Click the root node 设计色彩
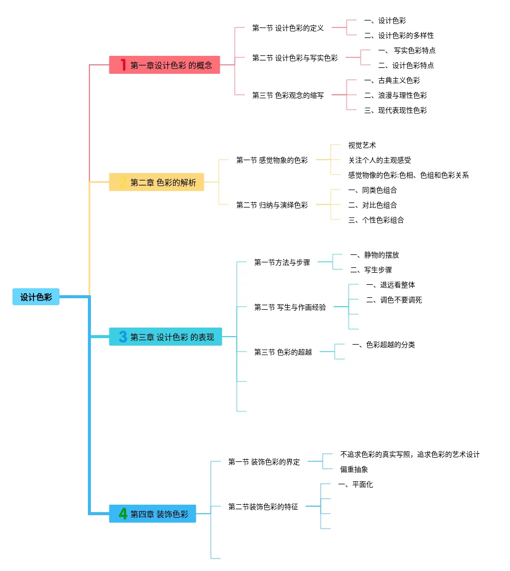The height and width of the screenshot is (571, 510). tap(36, 297)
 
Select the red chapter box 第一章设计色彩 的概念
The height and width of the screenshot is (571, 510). tap(164, 65)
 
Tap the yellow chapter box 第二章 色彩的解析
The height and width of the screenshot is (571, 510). tap(156, 183)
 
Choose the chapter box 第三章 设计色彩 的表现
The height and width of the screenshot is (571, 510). tap(165, 337)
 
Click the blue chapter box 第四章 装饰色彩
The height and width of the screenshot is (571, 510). tap(152, 514)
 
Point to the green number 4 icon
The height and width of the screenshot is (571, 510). tap(123, 514)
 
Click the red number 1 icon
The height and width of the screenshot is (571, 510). tap(123, 65)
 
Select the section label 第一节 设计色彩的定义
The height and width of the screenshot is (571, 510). tap(288, 28)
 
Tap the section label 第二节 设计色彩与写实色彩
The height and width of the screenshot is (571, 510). tap(295, 58)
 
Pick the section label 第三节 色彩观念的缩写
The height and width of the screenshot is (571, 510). tap(288, 95)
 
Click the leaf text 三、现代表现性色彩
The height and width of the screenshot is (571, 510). tap(395, 110)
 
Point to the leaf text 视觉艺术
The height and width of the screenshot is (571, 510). tap(362, 145)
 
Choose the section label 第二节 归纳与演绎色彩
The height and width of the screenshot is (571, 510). tap(272, 205)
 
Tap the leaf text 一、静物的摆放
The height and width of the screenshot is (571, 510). tap(374, 255)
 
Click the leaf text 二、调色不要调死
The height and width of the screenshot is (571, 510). tap(394, 300)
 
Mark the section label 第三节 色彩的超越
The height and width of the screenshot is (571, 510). tap(283, 352)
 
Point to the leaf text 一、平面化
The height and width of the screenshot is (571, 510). tap(355, 484)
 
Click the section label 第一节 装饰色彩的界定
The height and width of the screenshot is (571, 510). tap(264, 462)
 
